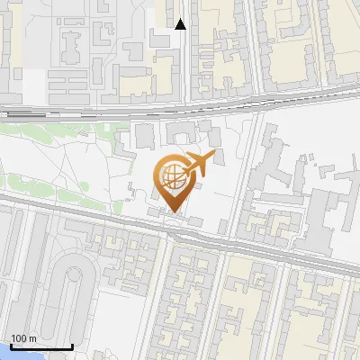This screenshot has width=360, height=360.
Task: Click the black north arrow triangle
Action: point(180,24)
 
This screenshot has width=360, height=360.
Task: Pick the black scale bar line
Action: point(40,346)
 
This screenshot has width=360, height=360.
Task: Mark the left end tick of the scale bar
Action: point(11,345)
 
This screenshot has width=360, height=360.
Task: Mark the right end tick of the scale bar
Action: point(71,345)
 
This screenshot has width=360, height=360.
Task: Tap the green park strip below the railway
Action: point(54,130)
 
